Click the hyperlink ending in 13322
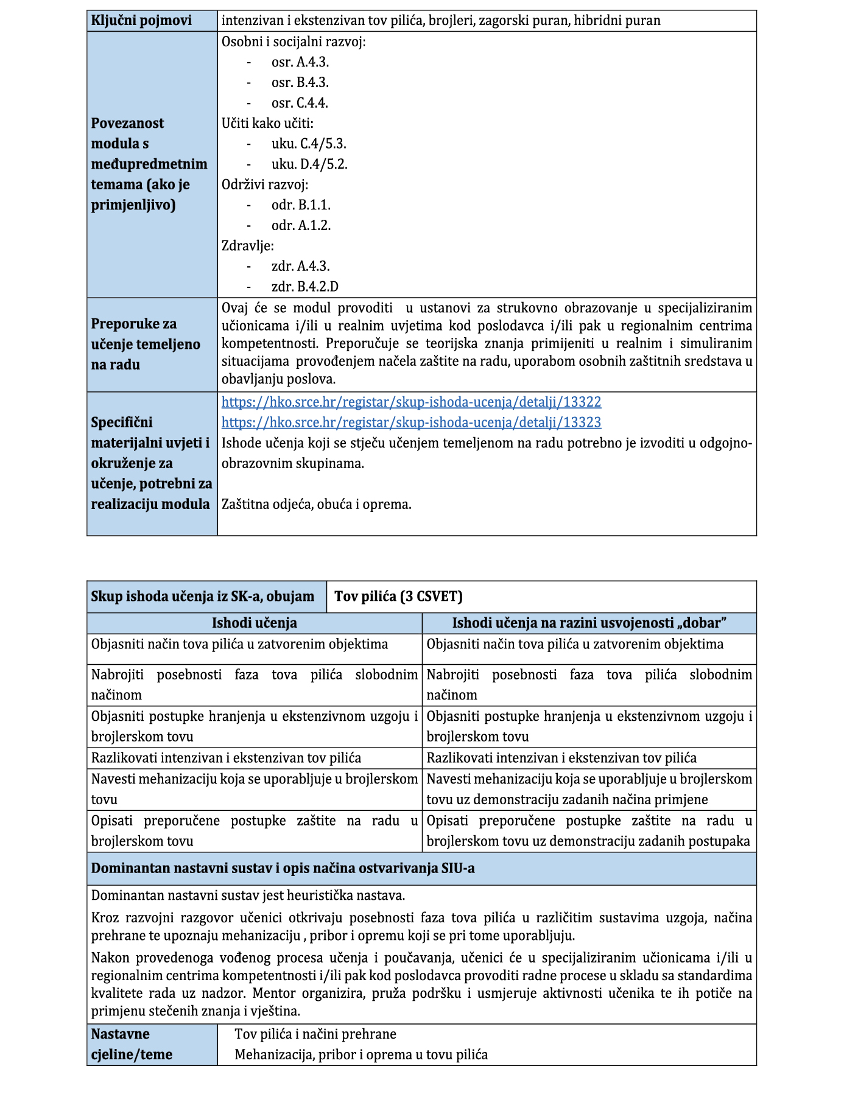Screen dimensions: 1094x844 (411, 402)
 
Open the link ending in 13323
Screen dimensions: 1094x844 (411, 423)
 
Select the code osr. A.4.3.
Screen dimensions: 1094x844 (300, 62)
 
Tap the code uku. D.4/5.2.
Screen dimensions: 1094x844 (309, 164)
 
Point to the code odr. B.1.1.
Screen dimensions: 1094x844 (301, 205)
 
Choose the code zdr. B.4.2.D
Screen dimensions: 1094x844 (304, 287)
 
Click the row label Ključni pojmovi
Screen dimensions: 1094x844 (141, 21)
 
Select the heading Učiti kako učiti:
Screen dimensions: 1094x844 (267, 124)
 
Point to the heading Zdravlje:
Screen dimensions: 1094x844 (248, 246)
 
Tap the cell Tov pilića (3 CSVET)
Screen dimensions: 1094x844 (398, 597)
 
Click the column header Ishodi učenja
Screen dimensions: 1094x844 (254, 623)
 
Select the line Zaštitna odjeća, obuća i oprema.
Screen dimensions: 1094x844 (316, 505)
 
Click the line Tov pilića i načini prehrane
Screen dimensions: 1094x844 (315, 1034)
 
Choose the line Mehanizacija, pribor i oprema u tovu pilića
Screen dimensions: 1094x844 (361, 1055)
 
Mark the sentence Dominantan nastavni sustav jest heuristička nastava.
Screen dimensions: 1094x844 (248, 896)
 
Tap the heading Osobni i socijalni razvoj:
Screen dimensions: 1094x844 (294, 42)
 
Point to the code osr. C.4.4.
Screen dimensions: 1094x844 (300, 103)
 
